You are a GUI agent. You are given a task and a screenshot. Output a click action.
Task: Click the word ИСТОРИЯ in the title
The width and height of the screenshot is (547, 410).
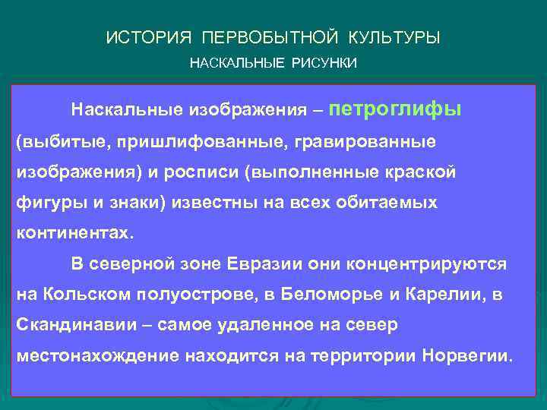[143, 37]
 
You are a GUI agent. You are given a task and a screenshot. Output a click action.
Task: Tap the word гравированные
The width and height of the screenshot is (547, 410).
[361, 142]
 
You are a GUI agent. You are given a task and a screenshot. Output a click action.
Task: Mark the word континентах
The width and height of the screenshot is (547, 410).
[74, 233]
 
